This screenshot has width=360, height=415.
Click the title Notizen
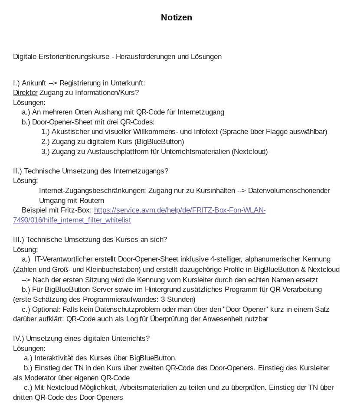click(176, 18)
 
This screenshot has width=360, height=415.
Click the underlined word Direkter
click(25, 92)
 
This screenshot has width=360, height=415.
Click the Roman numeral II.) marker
click(18, 171)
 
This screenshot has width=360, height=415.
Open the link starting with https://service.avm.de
click(180, 210)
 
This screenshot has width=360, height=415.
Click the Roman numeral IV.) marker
click(19, 338)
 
